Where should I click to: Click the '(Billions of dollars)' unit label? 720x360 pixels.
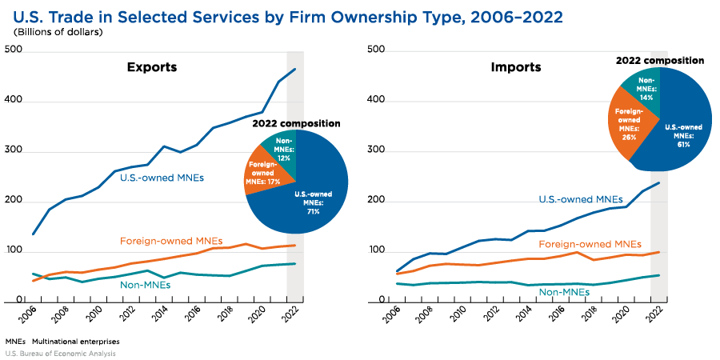pyautogui.click(x=58, y=32)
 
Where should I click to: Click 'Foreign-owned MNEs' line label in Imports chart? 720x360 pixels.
pyautogui.click(x=590, y=244)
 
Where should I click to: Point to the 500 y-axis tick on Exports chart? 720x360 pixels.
pyautogui.click(x=13, y=50)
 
